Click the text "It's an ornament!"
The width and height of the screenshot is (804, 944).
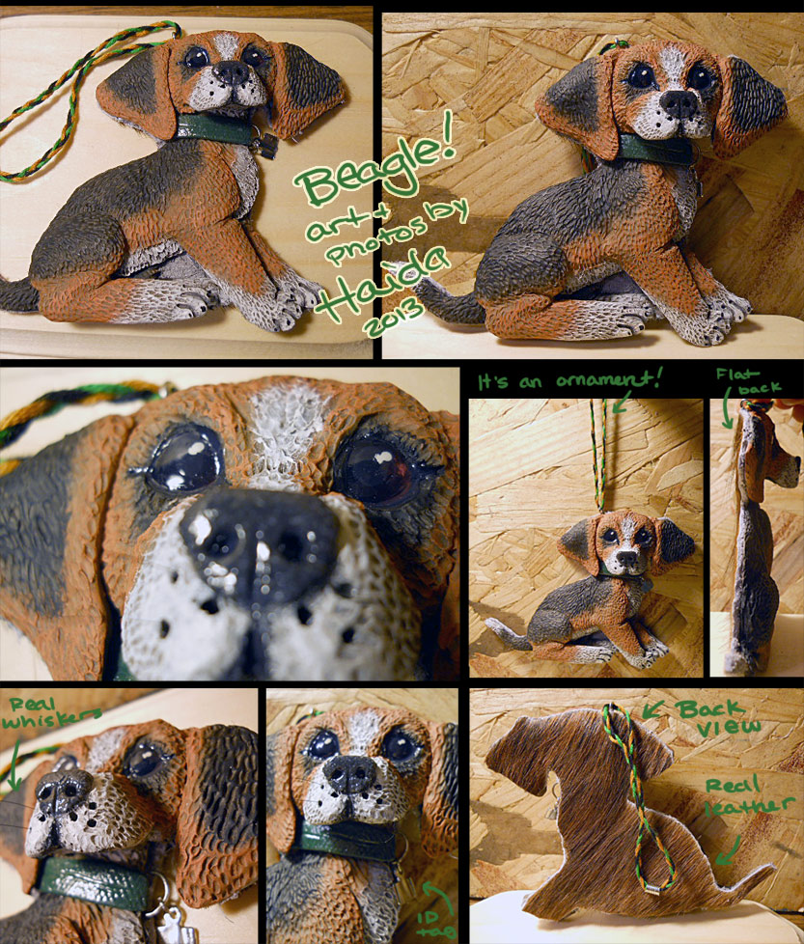pos(569,380)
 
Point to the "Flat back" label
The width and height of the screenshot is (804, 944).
pos(748,381)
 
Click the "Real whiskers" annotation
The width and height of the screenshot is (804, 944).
pos(51,712)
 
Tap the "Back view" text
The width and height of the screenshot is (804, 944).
pos(716,718)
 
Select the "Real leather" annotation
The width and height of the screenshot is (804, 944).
pos(748,796)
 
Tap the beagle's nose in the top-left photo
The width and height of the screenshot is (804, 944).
pos(231,72)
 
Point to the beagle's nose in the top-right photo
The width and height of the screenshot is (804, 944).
pos(679,103)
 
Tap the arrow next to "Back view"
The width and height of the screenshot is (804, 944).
pos(653,709)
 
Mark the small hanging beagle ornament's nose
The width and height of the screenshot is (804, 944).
pos(627,557)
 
